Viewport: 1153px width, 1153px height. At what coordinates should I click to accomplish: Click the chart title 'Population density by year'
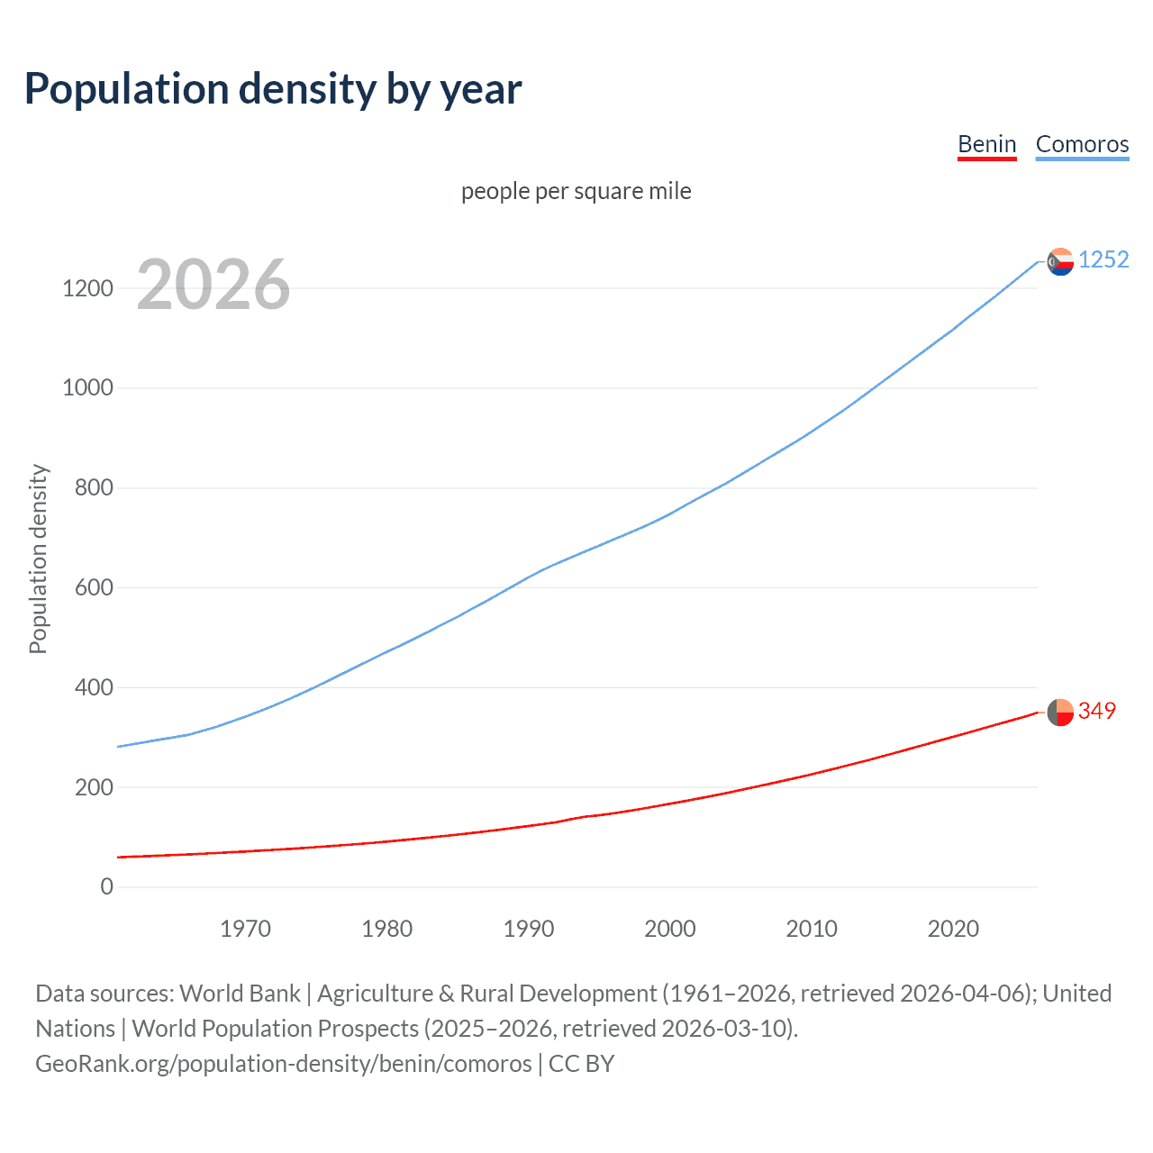click(273, 89)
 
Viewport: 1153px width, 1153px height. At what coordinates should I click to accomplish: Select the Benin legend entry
click(986, 144)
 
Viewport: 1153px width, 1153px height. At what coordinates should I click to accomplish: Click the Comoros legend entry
click(1082, 144)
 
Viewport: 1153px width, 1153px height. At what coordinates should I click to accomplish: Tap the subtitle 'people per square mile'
click(576, 191)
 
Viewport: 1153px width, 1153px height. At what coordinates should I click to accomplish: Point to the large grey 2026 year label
click(213, 285)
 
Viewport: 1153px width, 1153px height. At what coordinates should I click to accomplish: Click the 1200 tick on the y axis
click(87, 288)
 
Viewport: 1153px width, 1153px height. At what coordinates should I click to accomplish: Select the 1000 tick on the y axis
click(87, 388)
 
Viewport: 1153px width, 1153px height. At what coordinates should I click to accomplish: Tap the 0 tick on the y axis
click(107, 886)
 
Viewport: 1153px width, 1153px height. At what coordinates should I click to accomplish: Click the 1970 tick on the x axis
click(245, 929)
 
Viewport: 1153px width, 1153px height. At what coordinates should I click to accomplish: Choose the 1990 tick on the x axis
click(529, 929)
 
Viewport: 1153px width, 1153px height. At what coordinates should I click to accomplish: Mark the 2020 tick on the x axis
click(953, 929)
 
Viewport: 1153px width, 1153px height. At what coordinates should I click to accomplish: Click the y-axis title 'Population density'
click(38, 558)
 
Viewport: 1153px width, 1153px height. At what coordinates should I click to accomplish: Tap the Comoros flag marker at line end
click(1060, 261)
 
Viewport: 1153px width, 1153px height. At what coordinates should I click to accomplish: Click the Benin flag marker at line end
click(1060, 712)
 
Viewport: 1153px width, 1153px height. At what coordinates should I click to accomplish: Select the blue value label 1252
click(1103, 259)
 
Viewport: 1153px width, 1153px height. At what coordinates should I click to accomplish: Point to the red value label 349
click(1096, 711)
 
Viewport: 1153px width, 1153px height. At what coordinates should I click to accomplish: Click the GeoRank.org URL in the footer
click(283, 1064)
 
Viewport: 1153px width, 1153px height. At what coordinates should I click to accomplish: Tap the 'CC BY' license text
click(582, 1064)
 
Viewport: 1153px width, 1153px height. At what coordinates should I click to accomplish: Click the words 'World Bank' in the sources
click(240, 994)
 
